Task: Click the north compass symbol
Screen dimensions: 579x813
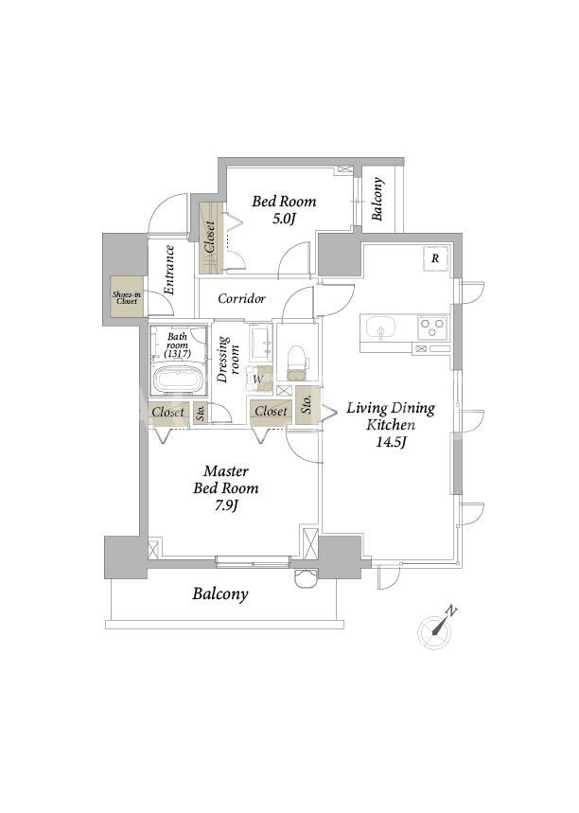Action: [x=435, y=629]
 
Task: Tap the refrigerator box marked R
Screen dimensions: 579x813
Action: [x=435, y=257]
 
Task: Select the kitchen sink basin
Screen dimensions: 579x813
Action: [x=381, y=328]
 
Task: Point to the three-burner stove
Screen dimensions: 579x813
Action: [x=432, y=327]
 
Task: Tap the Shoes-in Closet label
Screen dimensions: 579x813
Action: [x=127, y=297]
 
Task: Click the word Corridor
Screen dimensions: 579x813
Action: [x=241, y=299]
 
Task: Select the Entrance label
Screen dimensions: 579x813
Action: [x=169, y=270]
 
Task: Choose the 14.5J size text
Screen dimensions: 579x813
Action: [x=392, y=442]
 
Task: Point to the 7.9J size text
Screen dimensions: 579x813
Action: [x=226, y=505]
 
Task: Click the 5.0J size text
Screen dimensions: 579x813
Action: [x=284, y=219]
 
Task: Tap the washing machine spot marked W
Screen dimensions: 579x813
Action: [x=258, y=379]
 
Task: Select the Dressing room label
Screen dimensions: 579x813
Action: [x=229, y=360]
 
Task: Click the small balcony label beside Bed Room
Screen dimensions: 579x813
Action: [x=377, y=199]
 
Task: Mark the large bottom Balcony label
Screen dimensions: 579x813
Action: [x=220, y=593]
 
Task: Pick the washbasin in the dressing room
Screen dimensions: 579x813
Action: [x=261, y=343]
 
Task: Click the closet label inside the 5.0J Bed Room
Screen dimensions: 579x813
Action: [x=210, y=238]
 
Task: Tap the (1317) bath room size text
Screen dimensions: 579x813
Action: [x=177, y=354]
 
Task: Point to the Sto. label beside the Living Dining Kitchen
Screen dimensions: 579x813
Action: [x=307, y=404]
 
